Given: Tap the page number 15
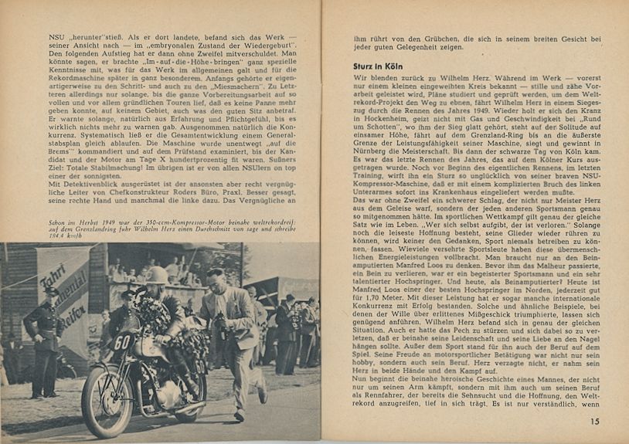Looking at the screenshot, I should [x=593, y=421].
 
